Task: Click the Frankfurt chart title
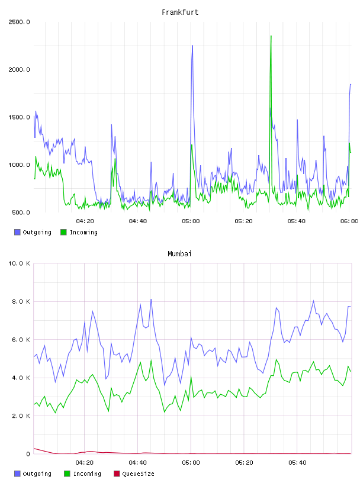click(180, 12)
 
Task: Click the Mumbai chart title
click(179, 254)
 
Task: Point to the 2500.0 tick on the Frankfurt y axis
click(19, 22)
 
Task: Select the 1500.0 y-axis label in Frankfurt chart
click(19, 117)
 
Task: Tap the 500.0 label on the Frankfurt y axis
click(21, 212)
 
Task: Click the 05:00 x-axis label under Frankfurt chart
click(191, 221)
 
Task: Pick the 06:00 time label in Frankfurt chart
click(349, 221)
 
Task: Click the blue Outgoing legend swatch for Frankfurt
click(17, 232)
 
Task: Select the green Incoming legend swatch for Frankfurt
click(63, 232)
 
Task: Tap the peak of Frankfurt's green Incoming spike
click(271, 36)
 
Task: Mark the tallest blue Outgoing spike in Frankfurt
click(192, 46)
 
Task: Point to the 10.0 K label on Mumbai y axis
click(19, 263)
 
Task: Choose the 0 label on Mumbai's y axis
click(28, 454)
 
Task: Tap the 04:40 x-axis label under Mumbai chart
click(137, 463)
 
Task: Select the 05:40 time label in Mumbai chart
click(297, 463)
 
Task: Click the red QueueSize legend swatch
click(117, 474)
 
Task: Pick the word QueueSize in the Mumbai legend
click(138, 474)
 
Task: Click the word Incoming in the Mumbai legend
click(87, 474)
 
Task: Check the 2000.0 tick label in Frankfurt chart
click(19, 70)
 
